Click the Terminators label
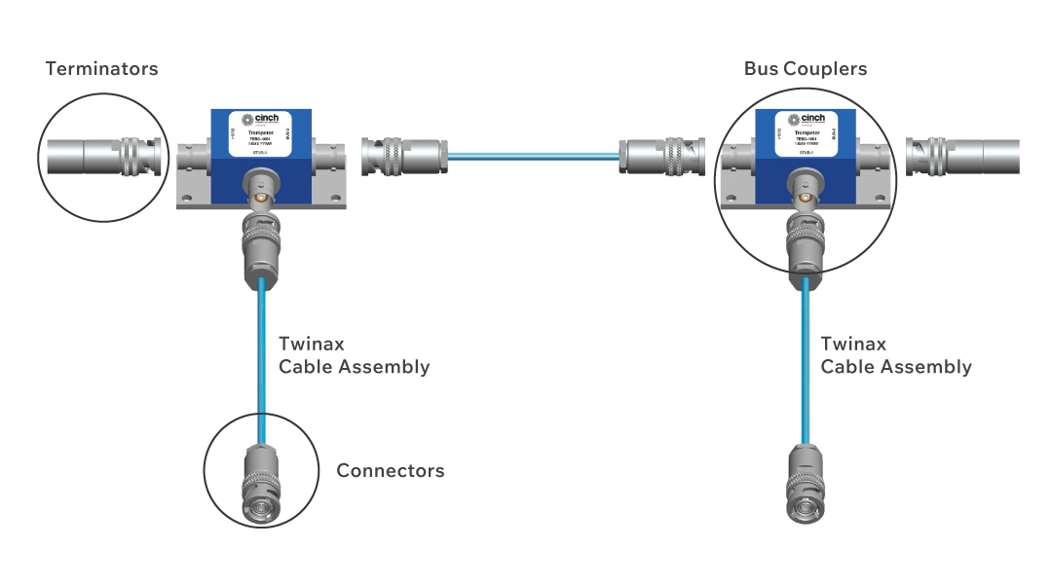click(x=101, y=69)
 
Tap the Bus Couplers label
click(x=805, y=69)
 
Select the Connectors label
click(x=390, y=471)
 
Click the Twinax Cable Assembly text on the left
click(x=354, y=355)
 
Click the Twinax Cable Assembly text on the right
click(x=896, y=355)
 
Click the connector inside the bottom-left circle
click(x=260, y=483)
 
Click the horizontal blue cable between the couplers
click(x=534, y=153)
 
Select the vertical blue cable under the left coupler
click(x=261, y=360)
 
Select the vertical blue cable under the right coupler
click(x=805, y=360)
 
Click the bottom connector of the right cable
click(x=805, y=484)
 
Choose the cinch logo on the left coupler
click(x=260, y=119)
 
